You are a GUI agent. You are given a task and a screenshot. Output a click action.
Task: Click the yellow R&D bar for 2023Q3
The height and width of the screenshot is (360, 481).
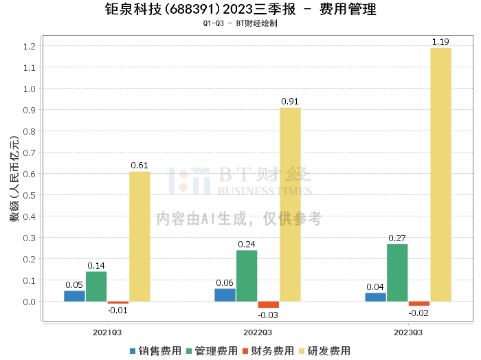tap(440, 175)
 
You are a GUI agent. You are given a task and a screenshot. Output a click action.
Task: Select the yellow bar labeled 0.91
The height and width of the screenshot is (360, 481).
tap(290, 204)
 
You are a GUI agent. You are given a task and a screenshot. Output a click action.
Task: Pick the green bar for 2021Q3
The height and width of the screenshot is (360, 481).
tap(96, 286)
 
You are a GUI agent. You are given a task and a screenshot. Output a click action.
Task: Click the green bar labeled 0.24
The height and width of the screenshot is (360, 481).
tap(247, 275)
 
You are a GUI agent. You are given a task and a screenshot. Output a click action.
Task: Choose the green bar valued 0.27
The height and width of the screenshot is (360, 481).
tap(397, 273)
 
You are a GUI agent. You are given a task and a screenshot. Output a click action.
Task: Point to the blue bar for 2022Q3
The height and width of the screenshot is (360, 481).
tap(225, 295)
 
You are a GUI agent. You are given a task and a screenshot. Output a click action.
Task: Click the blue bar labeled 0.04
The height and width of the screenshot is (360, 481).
tap(375, 297)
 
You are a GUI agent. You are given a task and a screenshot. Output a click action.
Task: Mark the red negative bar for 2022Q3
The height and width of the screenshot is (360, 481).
tap(268, 304)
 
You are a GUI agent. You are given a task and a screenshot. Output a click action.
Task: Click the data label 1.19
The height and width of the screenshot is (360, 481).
tap(440, 42)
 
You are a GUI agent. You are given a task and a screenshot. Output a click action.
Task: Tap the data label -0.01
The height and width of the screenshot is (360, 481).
tap(118, 311)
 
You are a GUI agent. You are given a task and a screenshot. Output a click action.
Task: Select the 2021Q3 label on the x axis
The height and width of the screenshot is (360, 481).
tap(107, 331)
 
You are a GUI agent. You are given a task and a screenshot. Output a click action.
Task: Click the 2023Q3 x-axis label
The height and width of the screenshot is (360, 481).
tap(408, 331)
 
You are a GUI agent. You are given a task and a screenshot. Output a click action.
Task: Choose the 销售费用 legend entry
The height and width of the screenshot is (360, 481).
tap(155, 350)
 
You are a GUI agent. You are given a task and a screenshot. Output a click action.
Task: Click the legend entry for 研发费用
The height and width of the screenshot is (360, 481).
tap(324, 350)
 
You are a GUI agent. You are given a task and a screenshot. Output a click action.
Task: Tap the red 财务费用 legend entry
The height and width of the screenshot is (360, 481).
tap(267, 350)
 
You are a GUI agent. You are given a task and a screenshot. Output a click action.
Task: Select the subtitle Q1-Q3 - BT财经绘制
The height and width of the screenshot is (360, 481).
tap(240, 23)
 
